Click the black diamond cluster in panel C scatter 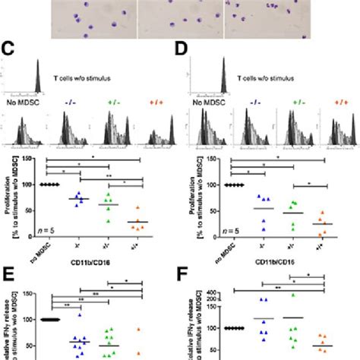point(50,185)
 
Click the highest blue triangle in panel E point(77,299)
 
